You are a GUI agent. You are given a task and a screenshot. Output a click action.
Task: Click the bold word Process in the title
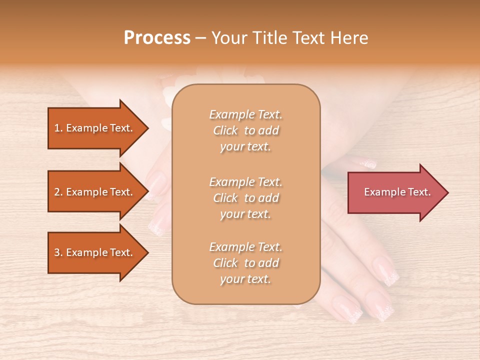click(x=157, y=38)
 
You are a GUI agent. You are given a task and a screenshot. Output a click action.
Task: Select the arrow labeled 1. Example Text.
click(x=95, y=128)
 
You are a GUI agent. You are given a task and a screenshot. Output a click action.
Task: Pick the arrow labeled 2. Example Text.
click(x=95, y=192)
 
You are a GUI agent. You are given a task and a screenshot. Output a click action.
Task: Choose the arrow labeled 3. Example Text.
click(x=95, y=252)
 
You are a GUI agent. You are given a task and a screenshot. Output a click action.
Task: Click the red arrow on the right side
click(x=395, y=192)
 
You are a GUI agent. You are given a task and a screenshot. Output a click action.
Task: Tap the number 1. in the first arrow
click(x=58, y=128)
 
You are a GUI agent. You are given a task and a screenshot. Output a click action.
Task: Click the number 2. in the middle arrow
click(x=58, y=192)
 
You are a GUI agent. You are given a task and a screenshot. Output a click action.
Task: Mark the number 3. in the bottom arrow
click(x=58, y=252)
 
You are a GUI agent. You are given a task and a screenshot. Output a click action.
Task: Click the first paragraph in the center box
click(x=245, y=130)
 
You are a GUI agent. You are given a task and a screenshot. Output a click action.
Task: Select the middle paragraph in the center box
click(x=245, y=198)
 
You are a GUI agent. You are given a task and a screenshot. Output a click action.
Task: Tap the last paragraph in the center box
click(x=245, y=263)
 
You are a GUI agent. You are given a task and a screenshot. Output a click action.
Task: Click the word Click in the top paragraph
click(x=225, y=130)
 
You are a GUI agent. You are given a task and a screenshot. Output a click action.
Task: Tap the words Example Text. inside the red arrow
click(x=397, y=192)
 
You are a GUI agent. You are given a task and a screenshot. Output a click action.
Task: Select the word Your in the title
click(x=228, y=38)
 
